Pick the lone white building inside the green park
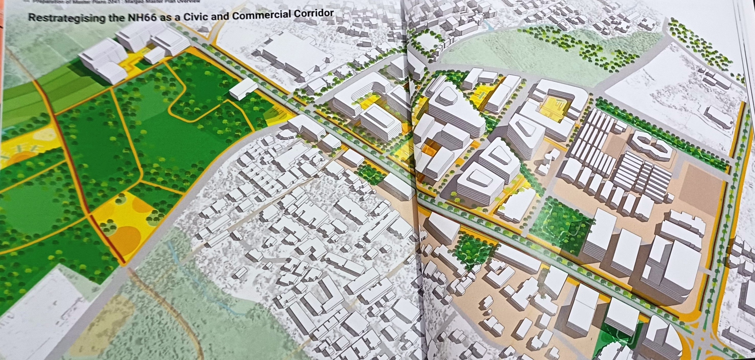click(243, 88)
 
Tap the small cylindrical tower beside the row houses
click(551, 157)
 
